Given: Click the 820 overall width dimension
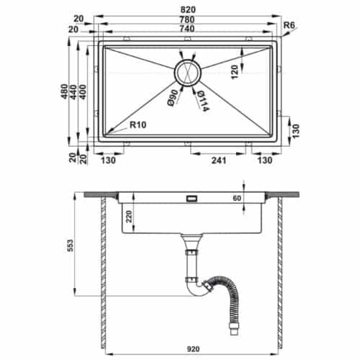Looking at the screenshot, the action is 188,9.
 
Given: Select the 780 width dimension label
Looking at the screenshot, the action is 187,19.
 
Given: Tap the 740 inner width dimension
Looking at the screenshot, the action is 187,29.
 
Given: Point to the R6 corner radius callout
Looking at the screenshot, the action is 289,25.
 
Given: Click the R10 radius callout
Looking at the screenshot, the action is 138,125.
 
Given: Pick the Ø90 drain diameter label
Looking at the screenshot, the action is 173,98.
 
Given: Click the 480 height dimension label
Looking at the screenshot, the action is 64,91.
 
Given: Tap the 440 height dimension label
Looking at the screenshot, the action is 73,92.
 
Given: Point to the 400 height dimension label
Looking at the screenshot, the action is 82,92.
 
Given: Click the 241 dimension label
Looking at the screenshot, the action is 219,161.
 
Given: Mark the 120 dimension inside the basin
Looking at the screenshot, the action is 235,72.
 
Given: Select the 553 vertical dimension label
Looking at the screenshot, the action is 70,246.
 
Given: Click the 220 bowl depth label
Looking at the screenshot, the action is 129,217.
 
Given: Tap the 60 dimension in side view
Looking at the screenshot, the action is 237,198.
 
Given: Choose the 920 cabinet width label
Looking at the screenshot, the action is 193,348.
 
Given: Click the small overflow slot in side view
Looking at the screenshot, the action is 192,199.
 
